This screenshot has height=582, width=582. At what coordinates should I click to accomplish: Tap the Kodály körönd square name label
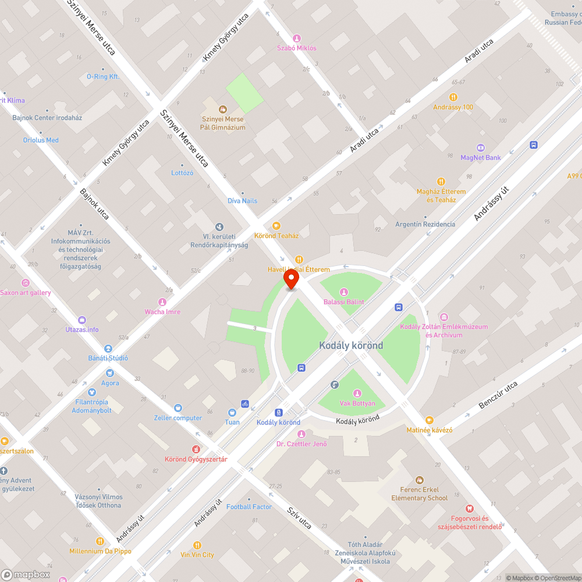pyautogui.click(x=351, y=346)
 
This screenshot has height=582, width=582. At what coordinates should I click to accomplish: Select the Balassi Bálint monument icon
pyautogui.click(x=343, y=292)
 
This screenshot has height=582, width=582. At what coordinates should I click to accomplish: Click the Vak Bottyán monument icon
pyautogui.click(x=357, y=393)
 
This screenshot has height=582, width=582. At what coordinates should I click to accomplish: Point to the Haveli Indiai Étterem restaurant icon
pyautogui.click(x=299, y=260)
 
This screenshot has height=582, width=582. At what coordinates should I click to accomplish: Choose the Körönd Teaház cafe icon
pyautogui.click(x=276, y=226)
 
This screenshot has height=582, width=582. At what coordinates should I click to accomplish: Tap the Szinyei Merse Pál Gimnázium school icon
pyautogui.click(x=222, y=109)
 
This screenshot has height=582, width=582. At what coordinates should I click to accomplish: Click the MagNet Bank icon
pyautogui.click(x=481, y=147)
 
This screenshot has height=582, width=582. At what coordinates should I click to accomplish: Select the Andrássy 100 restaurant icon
pyautogui.click(x=453, y=97)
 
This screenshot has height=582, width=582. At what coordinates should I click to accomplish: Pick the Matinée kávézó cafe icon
pyautogui.click(x=430, y=420)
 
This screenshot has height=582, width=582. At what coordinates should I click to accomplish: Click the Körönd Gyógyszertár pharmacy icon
pyautogui.click(x=196, y=449)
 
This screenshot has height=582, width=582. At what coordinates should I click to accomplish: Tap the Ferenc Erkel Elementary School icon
pyautogui.click(x=419, y=480)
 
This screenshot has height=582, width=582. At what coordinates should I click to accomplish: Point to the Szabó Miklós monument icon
pyautogui.click(x=297, y=38)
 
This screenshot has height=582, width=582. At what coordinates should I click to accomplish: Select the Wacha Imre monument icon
pyautogui.click(x=162, y=302)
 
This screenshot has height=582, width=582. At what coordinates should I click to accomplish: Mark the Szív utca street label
pyautogui.click(x=300, y=517)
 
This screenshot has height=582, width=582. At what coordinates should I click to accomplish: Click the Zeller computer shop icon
pyautogui.click(x=178, y=408)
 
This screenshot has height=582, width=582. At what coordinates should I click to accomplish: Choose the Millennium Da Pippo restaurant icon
pyautogui.click(x=100, y=541)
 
